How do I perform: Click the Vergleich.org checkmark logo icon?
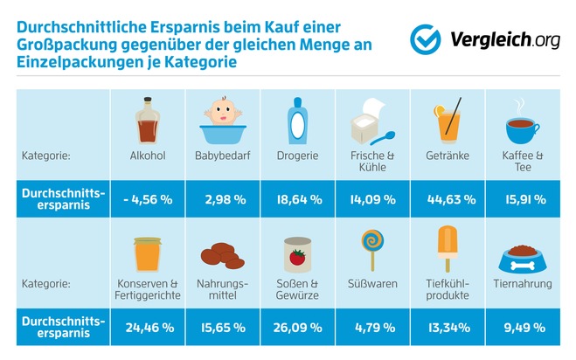tap(426, 38)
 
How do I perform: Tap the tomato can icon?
tap(299, 253)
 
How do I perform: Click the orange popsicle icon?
tap(449, 248)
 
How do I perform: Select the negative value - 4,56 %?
tap(148, 199)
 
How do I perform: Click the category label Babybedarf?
tap(223, 156)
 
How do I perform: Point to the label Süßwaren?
tap(374, 284)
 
